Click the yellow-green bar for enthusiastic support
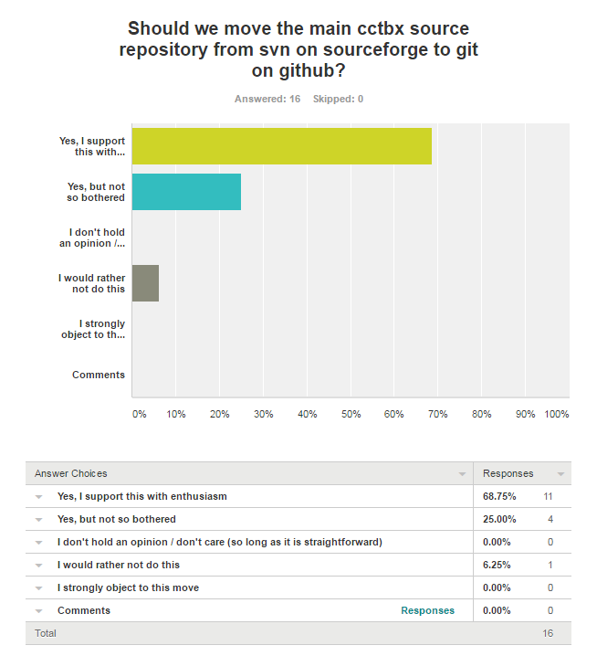click(281, 146)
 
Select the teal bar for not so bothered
click(186, 192)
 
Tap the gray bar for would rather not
click(145, 283)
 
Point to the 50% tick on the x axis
click(351, 414)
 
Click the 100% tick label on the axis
click(556, 414)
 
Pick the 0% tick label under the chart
click(139, 414)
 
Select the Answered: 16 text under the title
click(267, 99)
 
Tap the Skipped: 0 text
click(338, 99)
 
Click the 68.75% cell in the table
click(499, 496)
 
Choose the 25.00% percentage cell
click(499, 519)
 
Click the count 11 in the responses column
click(549, 496)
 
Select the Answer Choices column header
click(71, 473)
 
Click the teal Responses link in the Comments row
click(427, 610)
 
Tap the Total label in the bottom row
click(45, 633)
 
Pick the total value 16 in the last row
click(548, 633)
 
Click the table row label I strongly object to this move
click(128, 587)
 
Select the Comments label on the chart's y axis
click(99, 375)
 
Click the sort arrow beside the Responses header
click(560, 474)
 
